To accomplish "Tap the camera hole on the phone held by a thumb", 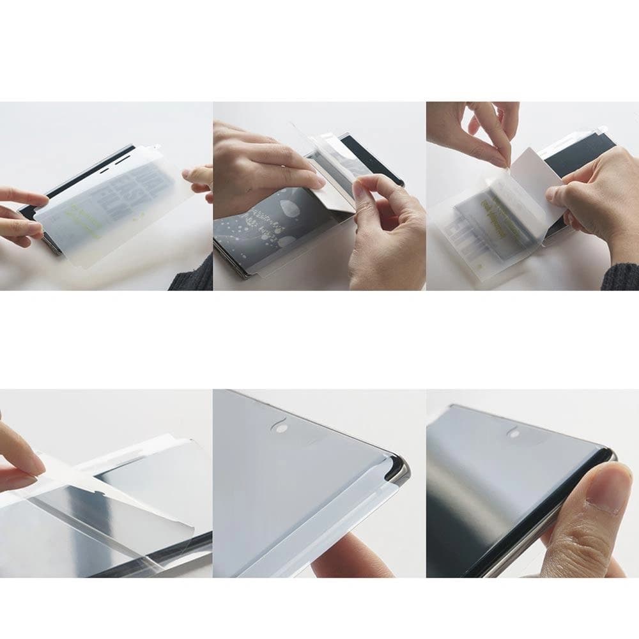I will pos(513,432).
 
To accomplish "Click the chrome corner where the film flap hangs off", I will pos(400,473).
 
